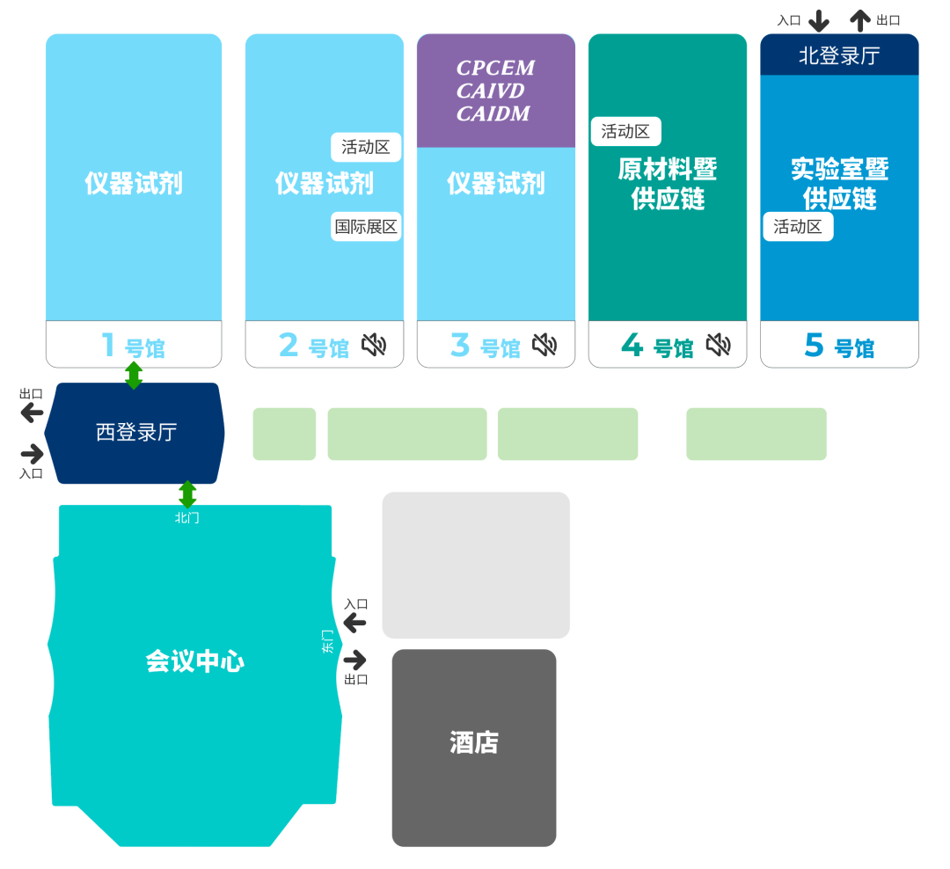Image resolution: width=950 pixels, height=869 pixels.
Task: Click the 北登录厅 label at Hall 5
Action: click(x=838, y=55)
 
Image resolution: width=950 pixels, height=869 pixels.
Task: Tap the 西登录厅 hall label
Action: click(x=136, y=432)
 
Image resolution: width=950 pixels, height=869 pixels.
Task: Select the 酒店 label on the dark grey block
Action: click(x=474, y=743)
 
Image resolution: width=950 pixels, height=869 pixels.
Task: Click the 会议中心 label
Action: click(x=194, y=661)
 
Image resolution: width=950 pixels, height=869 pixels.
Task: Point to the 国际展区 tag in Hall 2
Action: click(x=366, y=226)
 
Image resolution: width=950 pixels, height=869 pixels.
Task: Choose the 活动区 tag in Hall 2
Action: click(x=366, y=147)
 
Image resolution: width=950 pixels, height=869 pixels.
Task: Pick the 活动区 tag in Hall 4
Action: click(x=625, y=131)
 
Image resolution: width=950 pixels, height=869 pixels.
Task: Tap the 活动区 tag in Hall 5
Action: click(x=798, y=226)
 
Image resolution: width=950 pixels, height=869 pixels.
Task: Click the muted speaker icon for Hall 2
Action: click(x=374, y=345)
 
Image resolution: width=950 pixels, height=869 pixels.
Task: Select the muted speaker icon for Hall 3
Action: click(x=544, y=345)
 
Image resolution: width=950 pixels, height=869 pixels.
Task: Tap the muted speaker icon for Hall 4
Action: click(x=719, y=345)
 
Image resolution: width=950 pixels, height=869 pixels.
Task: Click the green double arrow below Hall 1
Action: click(x=134, y=376)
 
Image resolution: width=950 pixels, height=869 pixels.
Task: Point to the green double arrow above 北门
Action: click(x=187, y=493)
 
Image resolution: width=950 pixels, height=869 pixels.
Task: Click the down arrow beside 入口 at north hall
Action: click(x=819, y=20)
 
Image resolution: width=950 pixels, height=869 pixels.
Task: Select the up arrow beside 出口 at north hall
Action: click(x=860, y=20)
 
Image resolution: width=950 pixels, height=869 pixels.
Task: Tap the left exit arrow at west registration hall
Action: click(x=33, y=412)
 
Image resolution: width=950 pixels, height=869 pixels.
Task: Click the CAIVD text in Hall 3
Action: click(x=491, y=91)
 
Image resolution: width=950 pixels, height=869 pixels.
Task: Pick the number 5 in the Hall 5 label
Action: click(x=814, y=346)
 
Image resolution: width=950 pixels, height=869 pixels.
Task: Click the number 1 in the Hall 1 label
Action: click(x=108, y=345)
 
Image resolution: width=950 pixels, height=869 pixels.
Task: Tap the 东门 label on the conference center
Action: click(x=328, y=641)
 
